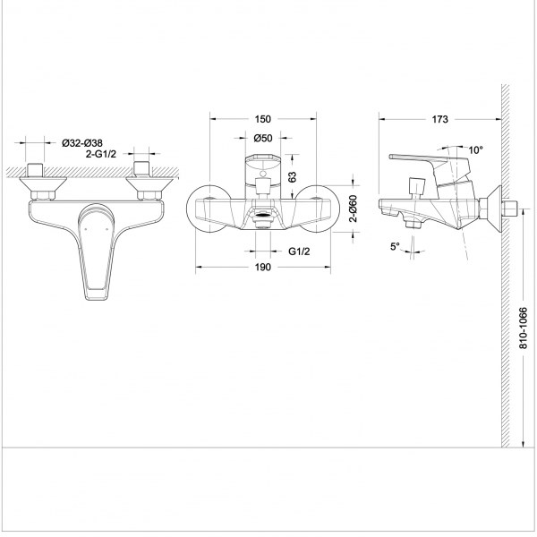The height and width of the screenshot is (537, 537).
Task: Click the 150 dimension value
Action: pyautogui.click(x=262, y=119)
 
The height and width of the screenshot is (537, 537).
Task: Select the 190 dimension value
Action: pyautogui.click(x=262, y=267)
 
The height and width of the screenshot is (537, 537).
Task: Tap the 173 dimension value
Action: pyautogui.click(x=439, y=119)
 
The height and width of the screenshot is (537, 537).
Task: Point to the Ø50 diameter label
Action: pyautogui.click(x=263, y=138)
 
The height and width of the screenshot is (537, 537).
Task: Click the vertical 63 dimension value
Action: pyautogui.click(x=292, y=176)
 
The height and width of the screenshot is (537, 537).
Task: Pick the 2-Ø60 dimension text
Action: pyautogui.click(x=354, y=209)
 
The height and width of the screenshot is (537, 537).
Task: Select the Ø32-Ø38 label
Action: pyautogui.click(x=82, y=143)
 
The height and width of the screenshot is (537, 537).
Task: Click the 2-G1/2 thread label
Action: pyautogui.click(x=101, y=155)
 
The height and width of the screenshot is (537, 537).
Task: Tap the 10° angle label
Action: pyautogui.click(x=476, y=150)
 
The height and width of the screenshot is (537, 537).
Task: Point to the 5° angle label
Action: pyautogui.click(x=395, y=246)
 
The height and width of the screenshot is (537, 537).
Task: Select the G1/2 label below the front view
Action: pyautogui.click(x=299, y=251)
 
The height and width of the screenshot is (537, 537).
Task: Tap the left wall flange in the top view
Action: pyautogui.click(x=43, y=183)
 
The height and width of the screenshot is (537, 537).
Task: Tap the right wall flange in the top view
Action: pyautogui.click(x=149, y=183)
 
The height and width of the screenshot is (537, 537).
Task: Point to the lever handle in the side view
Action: pyautogui.click(x=428, y=161)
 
